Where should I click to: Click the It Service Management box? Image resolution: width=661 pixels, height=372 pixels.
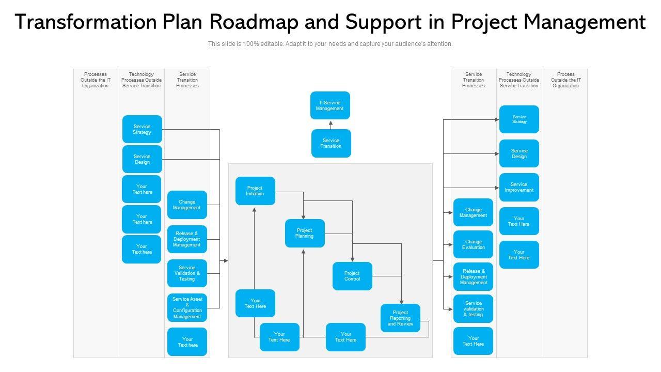point(330,105)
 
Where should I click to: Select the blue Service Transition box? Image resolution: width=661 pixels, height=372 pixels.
point(331,143)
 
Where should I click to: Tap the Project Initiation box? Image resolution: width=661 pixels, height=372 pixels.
point(255,191)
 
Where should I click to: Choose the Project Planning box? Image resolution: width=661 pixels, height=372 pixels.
point(305,233)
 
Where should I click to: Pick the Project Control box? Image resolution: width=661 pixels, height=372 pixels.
point(352,276)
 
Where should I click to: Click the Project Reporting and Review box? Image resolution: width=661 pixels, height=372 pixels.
point(400,318)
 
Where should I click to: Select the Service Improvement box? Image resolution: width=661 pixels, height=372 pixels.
point(519,187)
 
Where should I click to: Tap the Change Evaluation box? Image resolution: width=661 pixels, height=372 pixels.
point(473,244)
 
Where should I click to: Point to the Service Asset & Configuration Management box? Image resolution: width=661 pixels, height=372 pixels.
point(187,308)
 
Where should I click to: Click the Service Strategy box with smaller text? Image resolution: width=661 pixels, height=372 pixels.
point(519,119)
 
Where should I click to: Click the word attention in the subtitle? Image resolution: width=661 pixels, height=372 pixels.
point(440,44)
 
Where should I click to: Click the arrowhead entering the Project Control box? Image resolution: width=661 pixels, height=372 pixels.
point(353,259)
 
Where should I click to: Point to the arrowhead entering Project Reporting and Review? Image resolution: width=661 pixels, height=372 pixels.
point(401,301)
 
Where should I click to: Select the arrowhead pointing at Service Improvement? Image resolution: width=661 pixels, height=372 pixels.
point(496,188)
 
